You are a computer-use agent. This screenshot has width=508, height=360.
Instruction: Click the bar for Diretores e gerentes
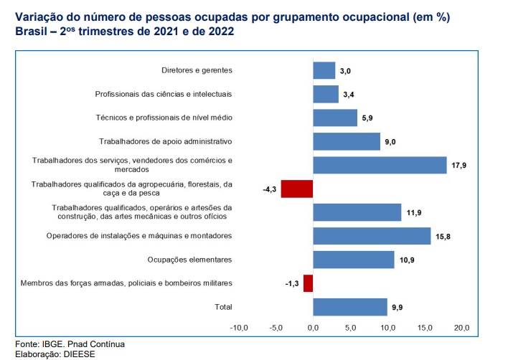click(324, 70)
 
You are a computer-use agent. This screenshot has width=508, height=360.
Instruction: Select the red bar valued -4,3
click(297, 189)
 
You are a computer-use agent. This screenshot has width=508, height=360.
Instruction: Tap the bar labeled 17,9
click(380, 165)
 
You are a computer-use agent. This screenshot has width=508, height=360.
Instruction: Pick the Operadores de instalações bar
click(372, 236)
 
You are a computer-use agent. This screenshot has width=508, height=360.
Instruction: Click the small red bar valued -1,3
click(309, 283)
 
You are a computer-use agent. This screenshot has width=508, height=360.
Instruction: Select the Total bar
click(349, 307)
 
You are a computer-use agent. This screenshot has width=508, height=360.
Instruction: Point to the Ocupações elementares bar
click(353, 260)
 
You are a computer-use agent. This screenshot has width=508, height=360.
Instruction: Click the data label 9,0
click(390, 142)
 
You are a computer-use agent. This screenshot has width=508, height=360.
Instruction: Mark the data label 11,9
click(413, 213)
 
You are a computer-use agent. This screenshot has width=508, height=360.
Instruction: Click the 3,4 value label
click(349, 95)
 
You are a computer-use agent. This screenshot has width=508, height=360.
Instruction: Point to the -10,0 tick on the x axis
click(238, 328)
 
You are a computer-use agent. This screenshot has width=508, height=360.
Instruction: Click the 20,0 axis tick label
click(462, 328)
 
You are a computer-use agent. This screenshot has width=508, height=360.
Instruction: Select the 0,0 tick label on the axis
click(314, 328)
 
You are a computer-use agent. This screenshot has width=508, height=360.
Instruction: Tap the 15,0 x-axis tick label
click(425, 328)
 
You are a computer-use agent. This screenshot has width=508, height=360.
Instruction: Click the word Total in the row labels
click(224, 307)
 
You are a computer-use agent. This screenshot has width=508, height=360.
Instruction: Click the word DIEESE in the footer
click(79, 354)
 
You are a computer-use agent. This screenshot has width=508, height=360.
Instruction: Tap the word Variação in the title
click(39, 17)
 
